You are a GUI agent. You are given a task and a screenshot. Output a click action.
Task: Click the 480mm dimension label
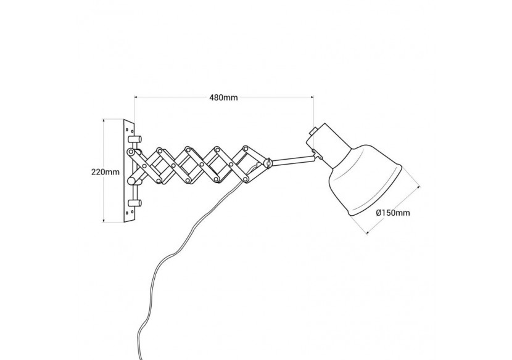(223, 97)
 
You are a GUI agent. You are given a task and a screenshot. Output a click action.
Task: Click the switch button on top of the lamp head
(315, 131)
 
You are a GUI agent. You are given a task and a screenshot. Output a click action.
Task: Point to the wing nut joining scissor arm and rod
(267, 163)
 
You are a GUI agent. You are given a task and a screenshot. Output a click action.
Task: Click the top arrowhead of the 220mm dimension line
(103, 121)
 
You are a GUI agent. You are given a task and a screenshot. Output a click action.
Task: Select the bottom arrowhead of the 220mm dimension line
(103, 220)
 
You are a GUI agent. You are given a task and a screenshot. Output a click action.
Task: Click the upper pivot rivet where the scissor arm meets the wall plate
(130, 152)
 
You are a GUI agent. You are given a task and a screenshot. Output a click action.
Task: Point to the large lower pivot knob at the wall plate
(133, 179)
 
